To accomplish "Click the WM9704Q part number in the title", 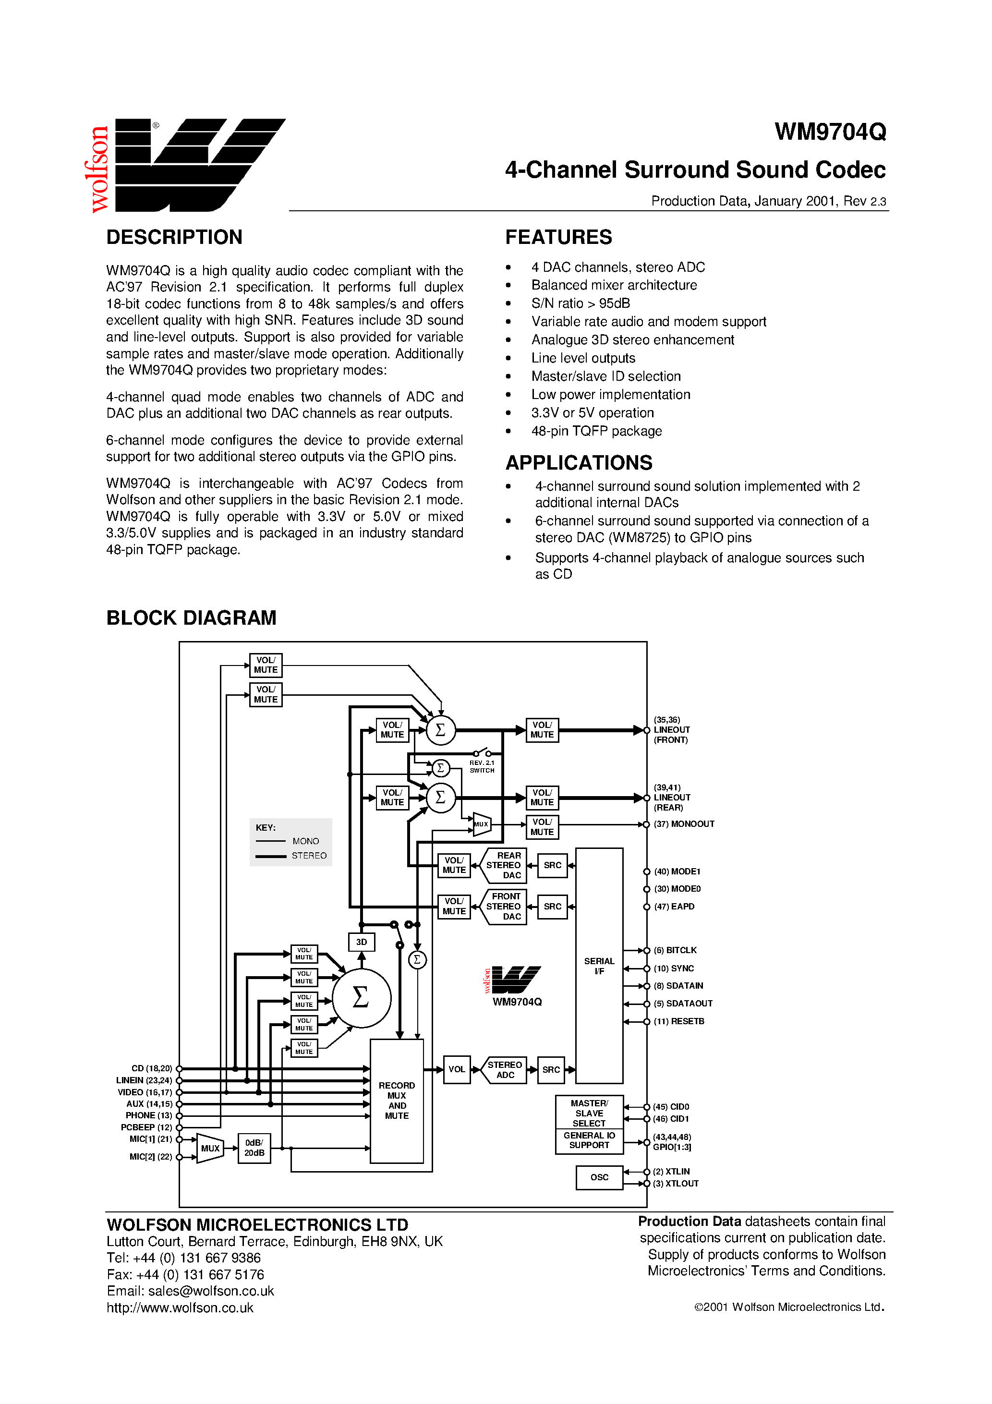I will [x=829, y=132].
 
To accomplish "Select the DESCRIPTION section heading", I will [x=174, y=237].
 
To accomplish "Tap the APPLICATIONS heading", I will [x=579, y=463].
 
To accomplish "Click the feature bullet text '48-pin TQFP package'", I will [x=596, y=431].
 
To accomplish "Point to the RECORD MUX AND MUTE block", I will [x=397, y=1101].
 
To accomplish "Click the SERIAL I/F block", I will [x=599, y=966].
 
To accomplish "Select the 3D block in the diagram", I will [x=362, y=942].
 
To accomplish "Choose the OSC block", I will [x=599, y=1177].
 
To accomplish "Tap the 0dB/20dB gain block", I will [x=254, y=1148].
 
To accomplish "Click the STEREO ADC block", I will [x=505, y=1069].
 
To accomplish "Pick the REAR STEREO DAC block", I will [x=505, y=865].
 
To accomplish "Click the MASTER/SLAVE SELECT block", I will [x=589, y=1113].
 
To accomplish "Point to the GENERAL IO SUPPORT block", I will [x=589, y=1140].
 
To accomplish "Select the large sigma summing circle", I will [x=361, y=997].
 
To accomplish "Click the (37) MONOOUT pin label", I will [x=684, y=824].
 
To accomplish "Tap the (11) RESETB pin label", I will [x=679, y=1021].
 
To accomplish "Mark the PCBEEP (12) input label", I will [x=146, y=1127].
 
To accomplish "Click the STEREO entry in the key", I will [x=309, y=856].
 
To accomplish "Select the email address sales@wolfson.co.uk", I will [x=211, y=1291].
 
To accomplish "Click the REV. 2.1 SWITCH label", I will [x=482, y=767].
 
